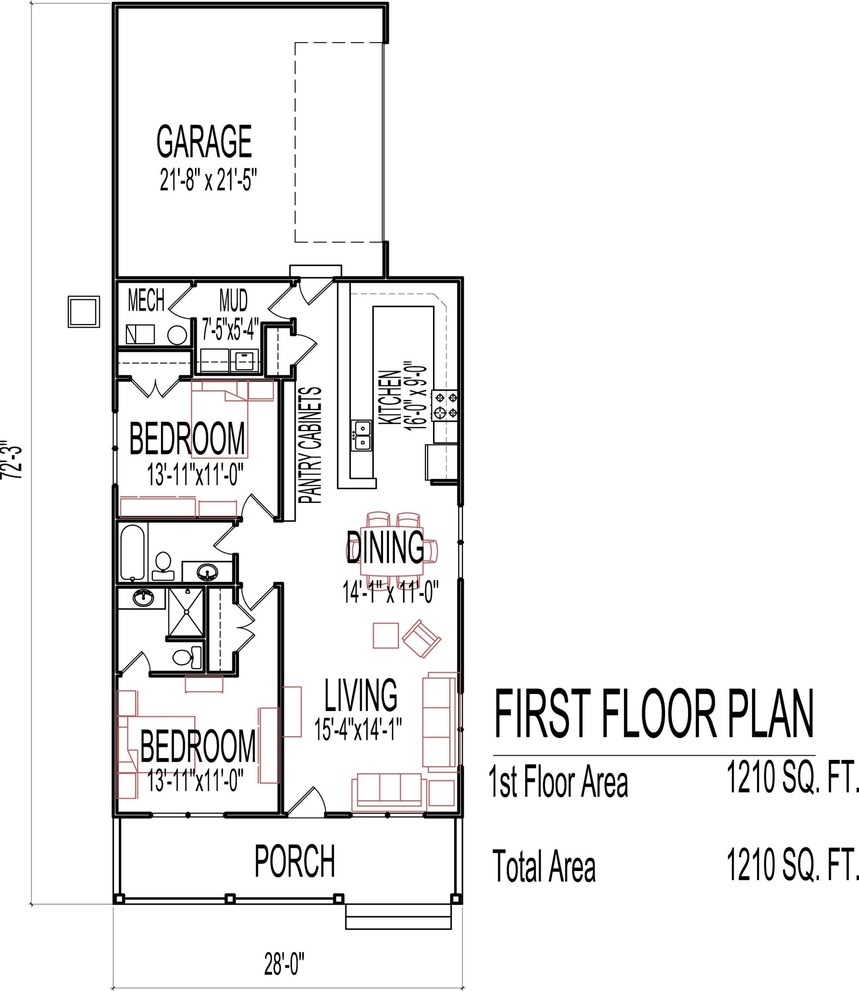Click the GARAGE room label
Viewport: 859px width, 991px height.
[204, 142]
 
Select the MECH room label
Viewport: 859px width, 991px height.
[146, 301]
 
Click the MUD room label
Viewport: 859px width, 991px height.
[233, 301]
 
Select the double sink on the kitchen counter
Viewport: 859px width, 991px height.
[362, 435]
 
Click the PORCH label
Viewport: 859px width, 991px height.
[294, 862]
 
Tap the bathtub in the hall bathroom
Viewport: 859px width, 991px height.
[132, 552]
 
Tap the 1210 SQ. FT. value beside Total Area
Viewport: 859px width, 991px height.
[791, 864]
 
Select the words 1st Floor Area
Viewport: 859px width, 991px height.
[558, 782]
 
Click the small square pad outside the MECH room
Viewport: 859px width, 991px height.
[84, 312]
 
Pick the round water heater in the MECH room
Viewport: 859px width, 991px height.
[177, 335]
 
